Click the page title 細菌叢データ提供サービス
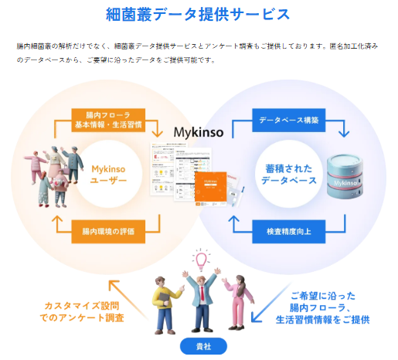[x=199, y=15]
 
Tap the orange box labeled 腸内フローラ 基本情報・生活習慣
[x=107, y=121]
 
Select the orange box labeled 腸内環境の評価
[x=107, y=230]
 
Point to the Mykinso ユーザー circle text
[x=107, y=175]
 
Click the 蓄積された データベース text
[x=287, y=175]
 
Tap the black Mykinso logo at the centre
[x=199, y=132]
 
